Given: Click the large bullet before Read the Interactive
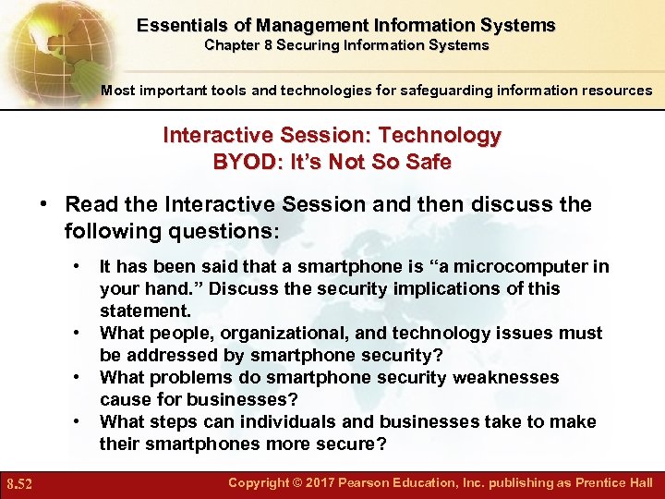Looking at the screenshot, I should (43, 204).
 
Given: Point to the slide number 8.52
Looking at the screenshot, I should (20, 483).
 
